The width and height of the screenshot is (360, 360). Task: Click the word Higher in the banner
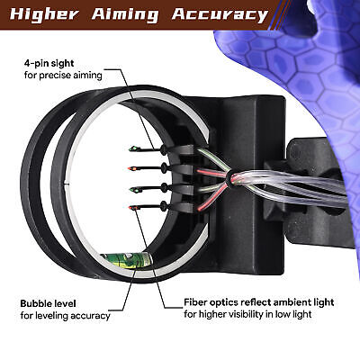(44, 14)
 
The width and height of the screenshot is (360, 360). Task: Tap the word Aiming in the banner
(125, 15)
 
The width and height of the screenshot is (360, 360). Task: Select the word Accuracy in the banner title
(220, 15)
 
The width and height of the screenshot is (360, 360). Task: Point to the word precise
(56, 76)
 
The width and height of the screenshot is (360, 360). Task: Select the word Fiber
(194, 301)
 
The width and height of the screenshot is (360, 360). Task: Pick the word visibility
(246, 314)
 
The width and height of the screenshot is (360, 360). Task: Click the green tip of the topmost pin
(132, 148)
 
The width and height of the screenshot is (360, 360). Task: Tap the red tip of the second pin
(131, 168)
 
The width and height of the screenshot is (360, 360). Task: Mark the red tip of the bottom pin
(132, 208)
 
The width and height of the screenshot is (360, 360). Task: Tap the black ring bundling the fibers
(229, 178)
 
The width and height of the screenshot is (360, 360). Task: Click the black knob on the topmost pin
(164, 149)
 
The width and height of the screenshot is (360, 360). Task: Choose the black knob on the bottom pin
(164, 206)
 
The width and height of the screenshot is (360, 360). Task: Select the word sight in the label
(61, 64)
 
